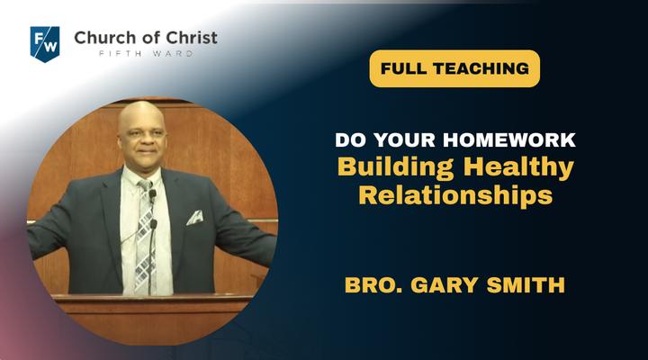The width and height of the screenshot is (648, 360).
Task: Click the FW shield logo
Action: pyautogui.click(x=45, y=44)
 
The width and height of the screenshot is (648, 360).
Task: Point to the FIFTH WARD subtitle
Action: pyautogui.click(x=146, y=53)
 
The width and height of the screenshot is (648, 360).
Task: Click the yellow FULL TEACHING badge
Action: pyautogui.click(x=454, y=68)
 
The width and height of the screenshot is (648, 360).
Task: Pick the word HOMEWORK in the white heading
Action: pyautogui.click(x=509, y=139)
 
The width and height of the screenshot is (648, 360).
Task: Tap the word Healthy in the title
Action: pyautogui.click(x=518, y=167)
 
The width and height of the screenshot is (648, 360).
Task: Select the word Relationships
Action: pyautogui.click(x=455, y=195)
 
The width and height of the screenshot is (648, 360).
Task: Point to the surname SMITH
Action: pyautogui.click(x=526, y=285)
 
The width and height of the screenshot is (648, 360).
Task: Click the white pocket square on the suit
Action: pyautogui.click(x=194, y=218)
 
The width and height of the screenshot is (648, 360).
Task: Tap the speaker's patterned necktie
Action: pyautogui.click(x=145, y=236)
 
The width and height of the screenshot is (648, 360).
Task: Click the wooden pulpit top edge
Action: pyautogui.click(x=152, y=296)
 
